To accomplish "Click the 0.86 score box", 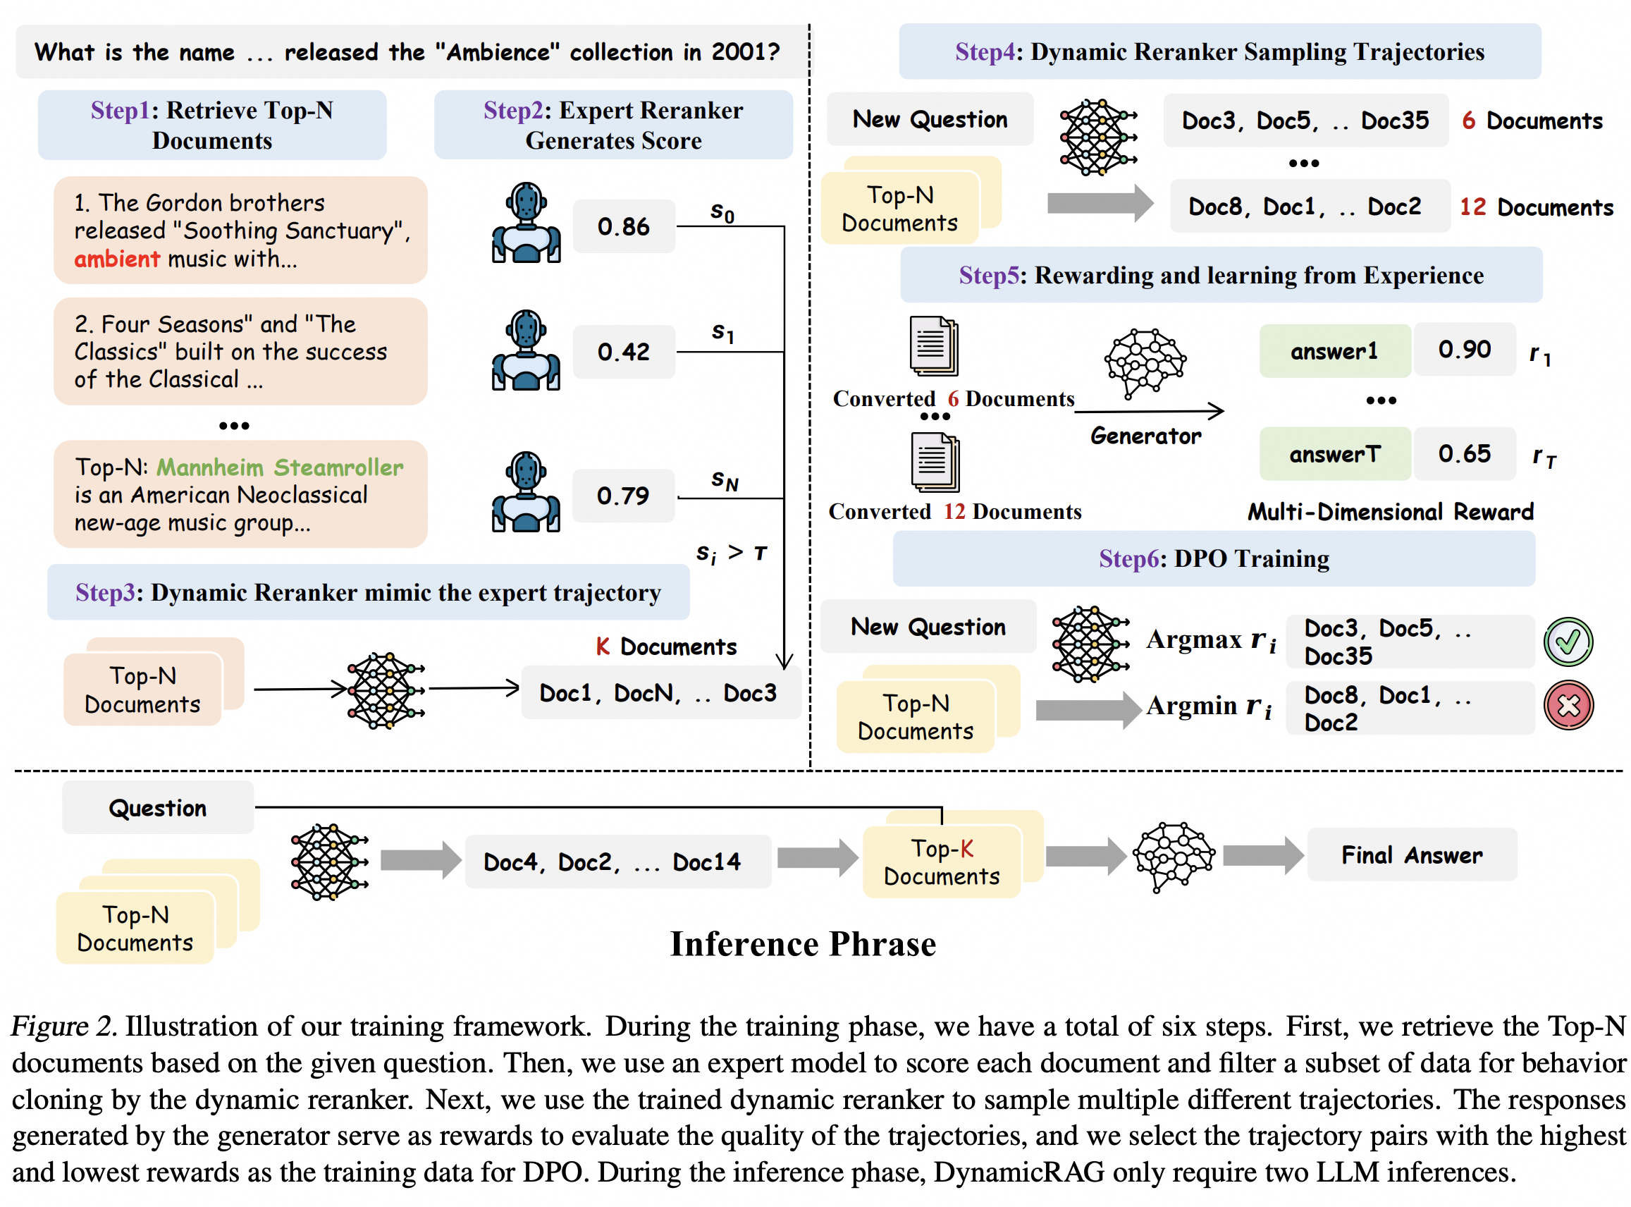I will pyautogui.click(x=623, y=226).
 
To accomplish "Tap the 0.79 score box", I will pyautogui.click(x=623, y=496).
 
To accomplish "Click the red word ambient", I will pyautogui.click(x=117, y=259).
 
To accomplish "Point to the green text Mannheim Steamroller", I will pyautogui.click(x=280, y=467).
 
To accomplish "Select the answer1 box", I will pyautogui.click(x=1334, y=351).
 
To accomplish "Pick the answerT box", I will pyautogui.click(x=1334, y=455).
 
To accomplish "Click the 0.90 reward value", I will pyautogui.click(x=1463, y=350).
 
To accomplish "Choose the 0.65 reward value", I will pyautogui.click(x=1463, y=454).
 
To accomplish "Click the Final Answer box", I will pyautogui.click(x=1410, y=854).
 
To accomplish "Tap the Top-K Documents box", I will pyautogui.click(x=941, y=862).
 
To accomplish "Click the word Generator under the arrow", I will pyautogui.click(x=1145, y=436).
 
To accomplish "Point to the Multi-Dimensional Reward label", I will pyautogui.click(x=1389, y=512).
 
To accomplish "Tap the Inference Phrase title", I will pyautogui.click(x=803, y=944).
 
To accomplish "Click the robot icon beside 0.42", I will pyautogui.click(x=526, y=350).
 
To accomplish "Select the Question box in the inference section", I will pyautogui.click(x=158, y=808).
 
